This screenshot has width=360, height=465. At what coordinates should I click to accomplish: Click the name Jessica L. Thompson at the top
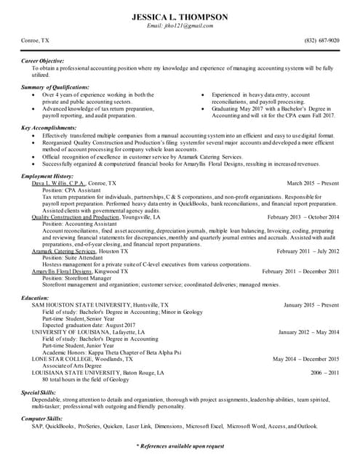pos(180,16)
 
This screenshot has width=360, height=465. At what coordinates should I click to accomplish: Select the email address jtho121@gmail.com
pos(180,26)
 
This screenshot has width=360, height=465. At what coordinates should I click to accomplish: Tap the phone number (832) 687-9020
pos(321,41)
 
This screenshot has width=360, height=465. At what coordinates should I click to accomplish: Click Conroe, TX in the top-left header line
pos(35,41)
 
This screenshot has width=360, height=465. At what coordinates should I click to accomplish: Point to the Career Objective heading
pos(42,60)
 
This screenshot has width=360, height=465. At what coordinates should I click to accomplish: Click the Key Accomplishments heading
pos(49,128)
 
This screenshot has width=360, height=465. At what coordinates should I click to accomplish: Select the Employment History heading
pos(47,177)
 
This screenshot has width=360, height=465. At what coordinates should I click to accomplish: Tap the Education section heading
pos(35,298)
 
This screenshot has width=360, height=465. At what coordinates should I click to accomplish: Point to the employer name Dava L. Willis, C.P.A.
pos(57,184)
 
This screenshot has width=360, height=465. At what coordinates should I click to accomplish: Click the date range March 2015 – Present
pos(313,184)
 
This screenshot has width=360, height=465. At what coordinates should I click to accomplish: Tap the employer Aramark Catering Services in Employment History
pos(64,251)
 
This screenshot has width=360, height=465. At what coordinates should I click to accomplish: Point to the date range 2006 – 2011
pos(324,372)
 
